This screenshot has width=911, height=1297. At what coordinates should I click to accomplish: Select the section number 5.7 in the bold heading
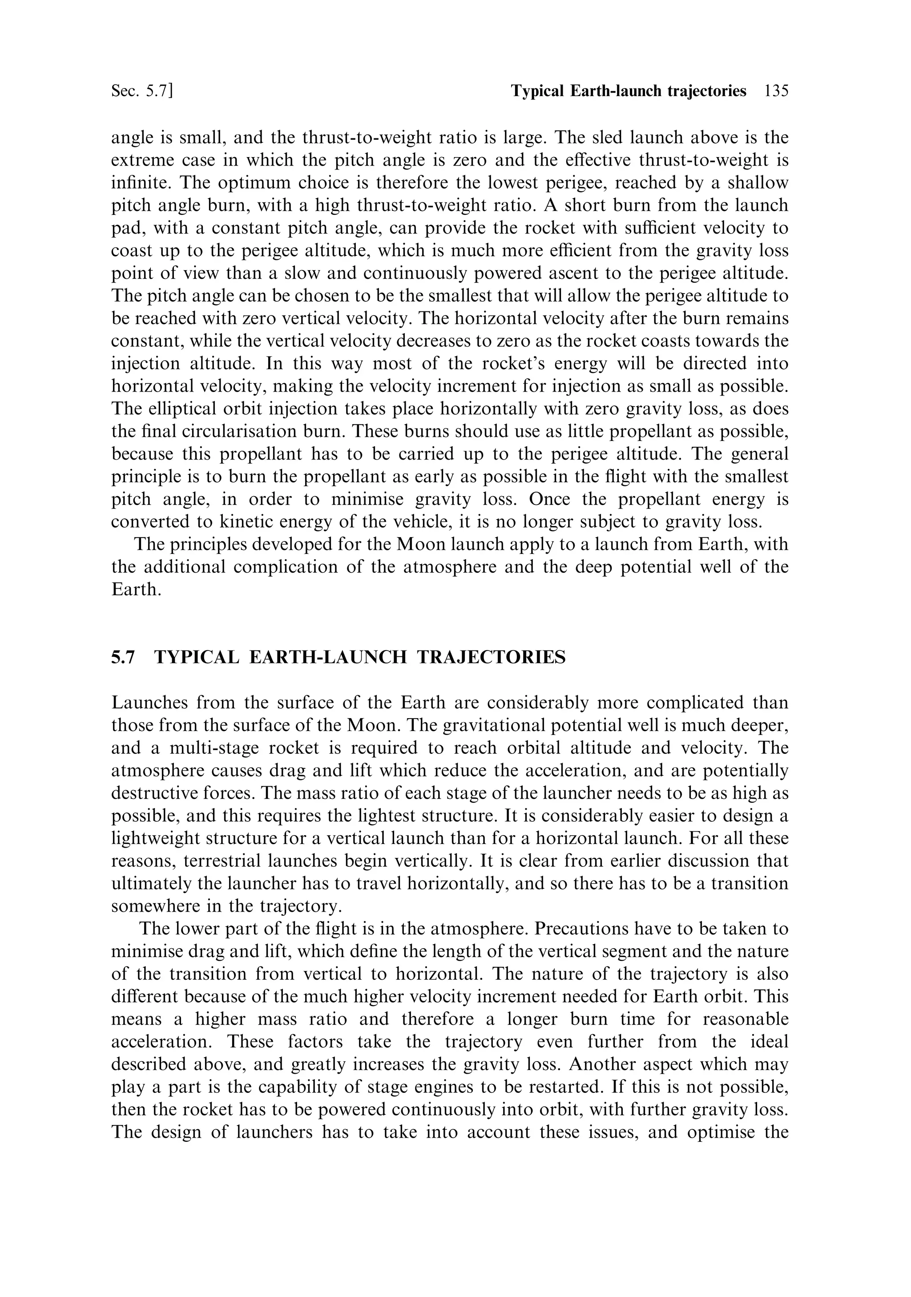123,658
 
